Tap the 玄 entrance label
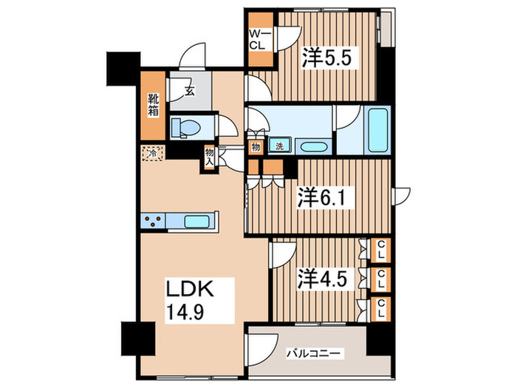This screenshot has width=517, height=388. tap(189, 92)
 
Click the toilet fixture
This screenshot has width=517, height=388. tap(185, 128)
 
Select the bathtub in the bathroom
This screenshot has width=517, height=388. tap(376, 130)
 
